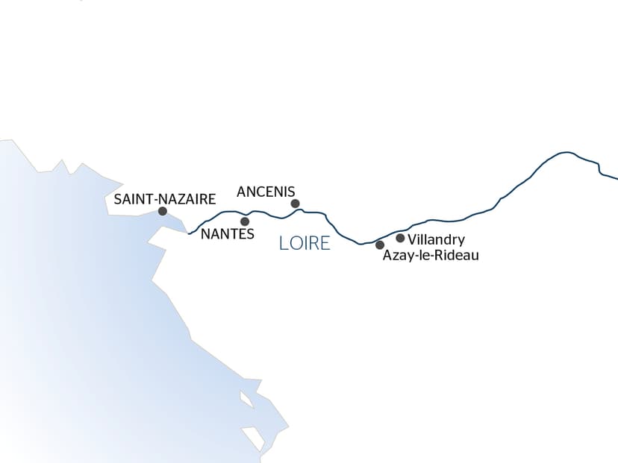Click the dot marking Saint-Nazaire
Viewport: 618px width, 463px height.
pyautogui.click(x=163, y=212)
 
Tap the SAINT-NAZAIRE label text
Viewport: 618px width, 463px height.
pyautogui.click(x=164, y=199)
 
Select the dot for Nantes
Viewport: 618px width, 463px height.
pyautogui.click(x=245, y=221)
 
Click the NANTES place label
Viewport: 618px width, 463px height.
pyautogui.click(x=228, y=234)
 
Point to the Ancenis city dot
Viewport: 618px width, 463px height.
pyautogui.click(x=295, y=204)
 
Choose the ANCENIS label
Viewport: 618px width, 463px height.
pyautogui.click(x=266, y=192)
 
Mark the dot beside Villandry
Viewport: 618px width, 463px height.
pyautogui.click(x=400, y=239)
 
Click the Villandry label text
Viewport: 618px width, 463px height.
pyautogui.click(x=437, y=240)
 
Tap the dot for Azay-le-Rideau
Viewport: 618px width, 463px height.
pyautogui.click(x=380, y=245)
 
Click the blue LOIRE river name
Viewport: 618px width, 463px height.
pyautogui.click(x=305, y=243)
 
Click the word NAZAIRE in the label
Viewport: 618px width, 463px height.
pyautogui.click(x=190, y=199)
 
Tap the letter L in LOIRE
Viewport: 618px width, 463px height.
pyautogui.click(x=283, y=243)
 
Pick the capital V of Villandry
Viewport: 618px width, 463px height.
pyautogui.click(x=413, y=240)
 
